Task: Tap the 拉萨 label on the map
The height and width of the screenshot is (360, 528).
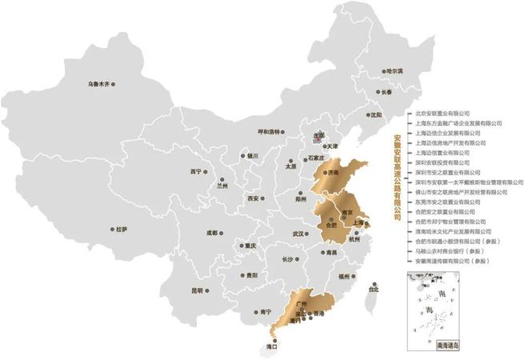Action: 121,229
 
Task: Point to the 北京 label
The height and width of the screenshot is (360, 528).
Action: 319,136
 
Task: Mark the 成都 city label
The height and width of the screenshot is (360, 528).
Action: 212,233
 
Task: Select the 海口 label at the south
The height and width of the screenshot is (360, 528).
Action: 271,347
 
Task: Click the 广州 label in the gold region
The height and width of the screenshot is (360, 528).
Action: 302,305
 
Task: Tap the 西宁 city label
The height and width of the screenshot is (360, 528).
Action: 196,171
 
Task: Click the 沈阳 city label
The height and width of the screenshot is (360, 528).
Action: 375,114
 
